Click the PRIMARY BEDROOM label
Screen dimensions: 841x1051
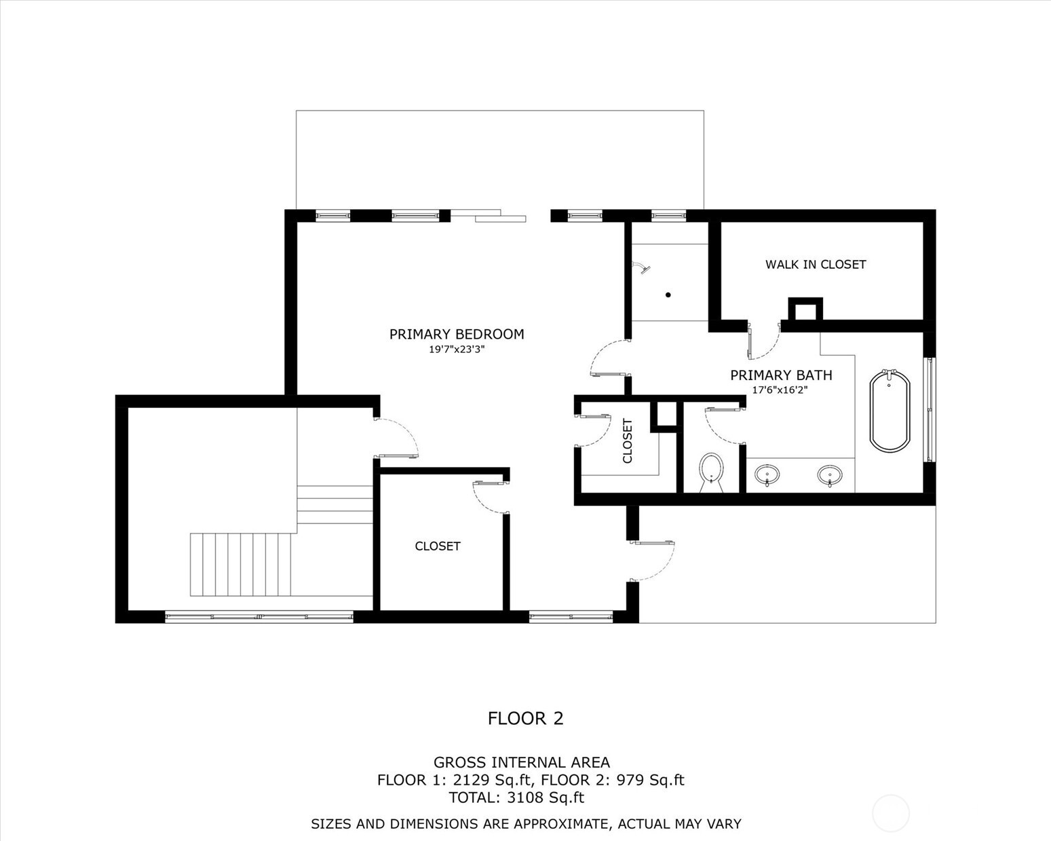(x=457, y=334)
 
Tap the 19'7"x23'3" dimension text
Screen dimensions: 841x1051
(x=457, y=350)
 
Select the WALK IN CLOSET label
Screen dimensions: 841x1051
(x=815, y=265)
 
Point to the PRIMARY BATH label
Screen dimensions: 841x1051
(x=780, y=375)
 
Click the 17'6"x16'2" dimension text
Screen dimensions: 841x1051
(x=780, y=390)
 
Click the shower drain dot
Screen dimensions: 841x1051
(x=668, y=295)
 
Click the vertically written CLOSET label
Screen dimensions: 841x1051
(x=628, y=441)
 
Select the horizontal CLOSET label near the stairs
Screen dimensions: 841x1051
(x=438, y=546)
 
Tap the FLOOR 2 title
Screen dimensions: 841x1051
(x=525, y=718)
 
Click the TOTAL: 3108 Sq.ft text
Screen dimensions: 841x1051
(x=516, y=798)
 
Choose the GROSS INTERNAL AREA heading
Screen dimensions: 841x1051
(x=521, y=762)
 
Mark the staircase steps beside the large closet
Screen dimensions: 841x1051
(x=241, y=564)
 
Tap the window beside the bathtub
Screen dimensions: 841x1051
(x=930, y=409)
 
